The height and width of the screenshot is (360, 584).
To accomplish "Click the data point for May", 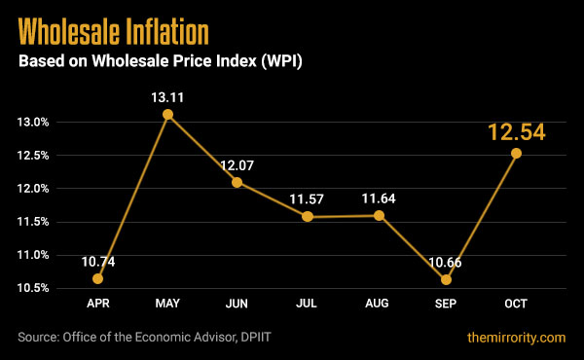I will point(168,115).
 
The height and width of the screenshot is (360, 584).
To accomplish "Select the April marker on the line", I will point(98,278).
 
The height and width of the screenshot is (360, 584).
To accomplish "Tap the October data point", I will point(516,153).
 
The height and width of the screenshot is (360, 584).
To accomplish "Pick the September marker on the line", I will point(446,280).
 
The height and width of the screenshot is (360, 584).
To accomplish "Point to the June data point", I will point(237,182).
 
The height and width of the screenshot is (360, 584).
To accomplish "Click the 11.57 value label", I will point(307,199).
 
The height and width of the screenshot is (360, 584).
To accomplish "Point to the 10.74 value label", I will point(98,259).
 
